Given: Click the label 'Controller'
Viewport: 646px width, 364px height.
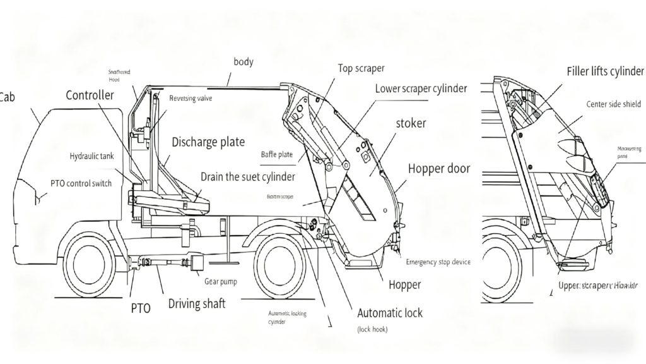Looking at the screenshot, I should [x=90, y=95].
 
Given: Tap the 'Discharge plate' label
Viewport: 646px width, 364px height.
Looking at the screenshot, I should [x=208, y=142].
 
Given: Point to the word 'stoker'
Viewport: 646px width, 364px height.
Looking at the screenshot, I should [x=411, y=123].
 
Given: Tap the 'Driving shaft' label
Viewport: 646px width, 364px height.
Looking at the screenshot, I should [x=197, y=303].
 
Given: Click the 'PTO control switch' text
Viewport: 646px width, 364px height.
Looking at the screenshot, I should [x=81, y=183].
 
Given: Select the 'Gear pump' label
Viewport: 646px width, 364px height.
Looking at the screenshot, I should [x=220, y=281].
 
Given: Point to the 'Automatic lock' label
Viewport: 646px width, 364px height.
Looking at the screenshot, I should [x=390, y=313].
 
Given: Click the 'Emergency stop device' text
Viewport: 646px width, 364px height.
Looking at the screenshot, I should [x=438, y=262].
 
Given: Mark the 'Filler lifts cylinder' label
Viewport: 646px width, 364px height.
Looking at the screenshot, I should [x=605, y=71].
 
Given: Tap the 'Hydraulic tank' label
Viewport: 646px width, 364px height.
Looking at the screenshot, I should [x=91, y=155].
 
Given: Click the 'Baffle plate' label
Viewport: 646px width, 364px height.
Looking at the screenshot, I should [x=277, y=154].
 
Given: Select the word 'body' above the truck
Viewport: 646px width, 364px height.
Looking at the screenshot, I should [x=244, y=61].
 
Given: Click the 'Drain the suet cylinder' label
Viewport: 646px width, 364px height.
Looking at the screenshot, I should [x=249, y=176].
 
